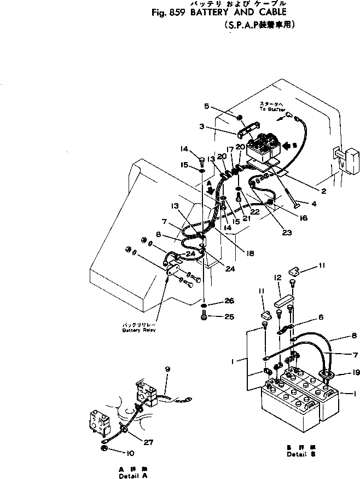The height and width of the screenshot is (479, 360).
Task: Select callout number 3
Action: tap(202, 126)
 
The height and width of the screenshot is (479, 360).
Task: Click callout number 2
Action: tap(323, 191)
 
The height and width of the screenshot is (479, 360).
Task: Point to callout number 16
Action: tap(304, 218)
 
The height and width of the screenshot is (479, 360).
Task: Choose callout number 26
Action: tap(229, 301)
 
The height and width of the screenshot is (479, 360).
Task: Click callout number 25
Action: tap(229, 317)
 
